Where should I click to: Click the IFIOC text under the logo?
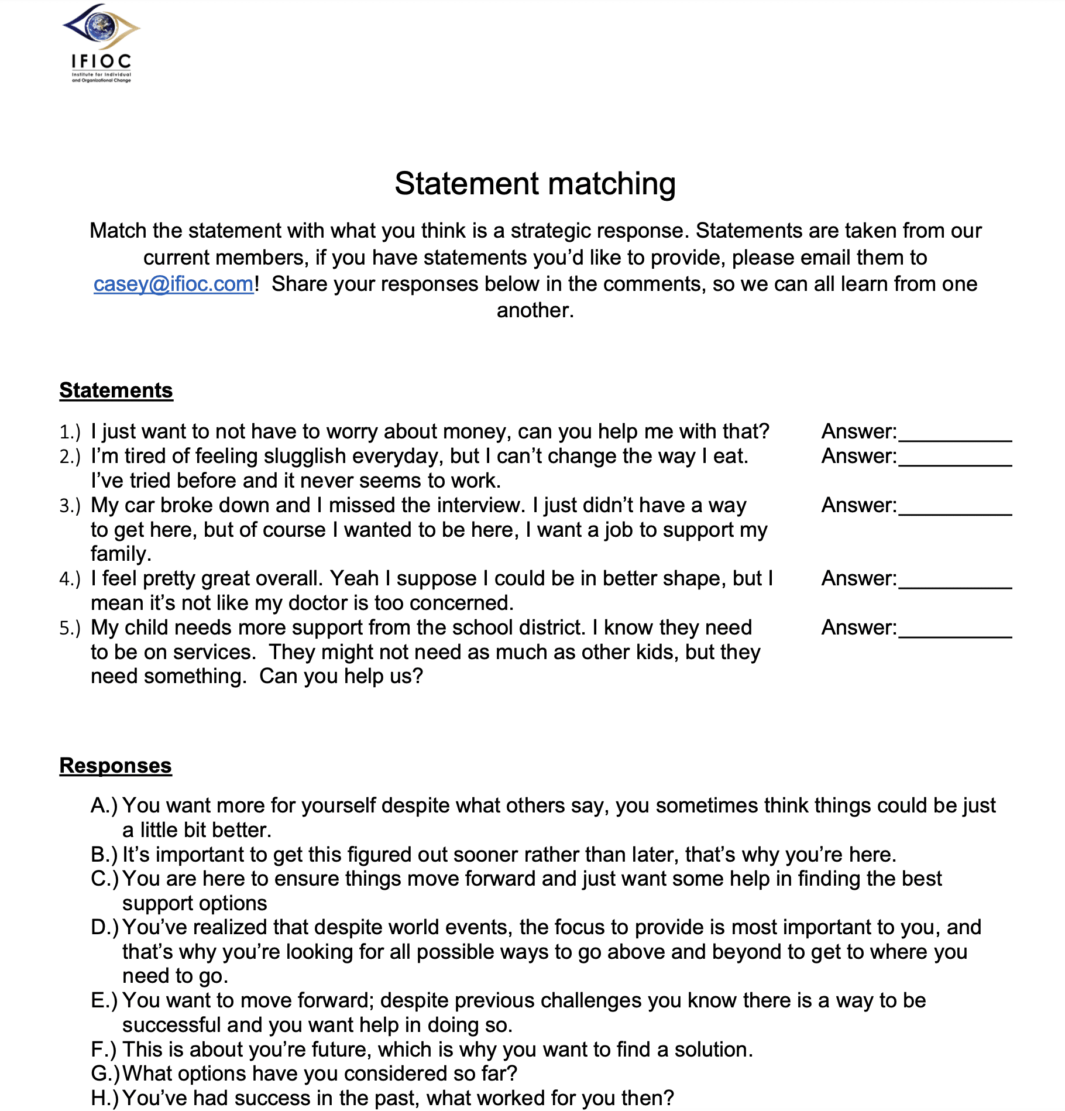click(x=101, y=61)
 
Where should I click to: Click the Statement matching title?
click(x=535, y=183)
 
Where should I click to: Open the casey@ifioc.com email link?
click(x=173, y=284)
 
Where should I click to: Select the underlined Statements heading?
click(x=116, y=390)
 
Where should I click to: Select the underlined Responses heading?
click(x=115, y=766)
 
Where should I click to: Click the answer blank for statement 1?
click(x=954, y=433)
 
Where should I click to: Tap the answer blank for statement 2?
click(x=954, y=458)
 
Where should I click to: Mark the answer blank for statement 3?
click(x=954, y=507)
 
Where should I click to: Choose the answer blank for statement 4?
click(x=954, y=580)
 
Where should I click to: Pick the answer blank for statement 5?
click(x=954, y=629)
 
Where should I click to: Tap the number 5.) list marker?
click(x=70, y=629)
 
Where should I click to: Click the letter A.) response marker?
click(x=104, y=806)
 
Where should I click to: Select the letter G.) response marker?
click(x=105, y=1074)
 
